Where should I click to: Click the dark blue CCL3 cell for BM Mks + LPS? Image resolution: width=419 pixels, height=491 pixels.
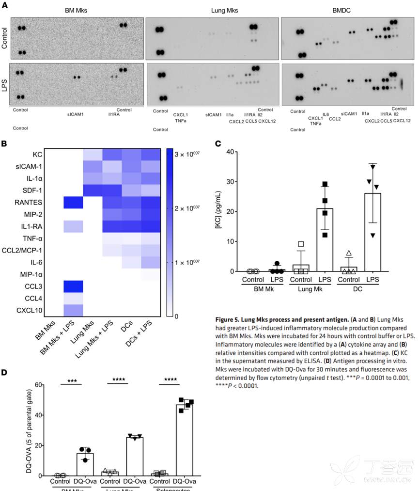(73, 286)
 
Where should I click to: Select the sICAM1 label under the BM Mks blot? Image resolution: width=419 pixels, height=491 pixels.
(77, 115)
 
